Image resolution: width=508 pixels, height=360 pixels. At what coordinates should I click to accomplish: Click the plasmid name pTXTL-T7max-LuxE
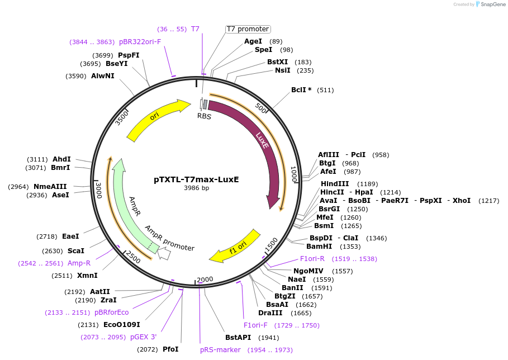196,179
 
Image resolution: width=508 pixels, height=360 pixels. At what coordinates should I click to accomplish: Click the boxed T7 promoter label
248,29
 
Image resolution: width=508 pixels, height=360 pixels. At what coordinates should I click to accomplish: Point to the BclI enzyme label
301,90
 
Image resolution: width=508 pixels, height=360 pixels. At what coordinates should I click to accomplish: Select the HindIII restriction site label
334,184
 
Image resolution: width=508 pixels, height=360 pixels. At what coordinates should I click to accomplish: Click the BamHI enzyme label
319,247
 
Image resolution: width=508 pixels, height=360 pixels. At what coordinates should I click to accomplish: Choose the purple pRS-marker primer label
220,350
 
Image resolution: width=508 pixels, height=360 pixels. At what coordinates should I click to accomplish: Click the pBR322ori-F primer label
140,42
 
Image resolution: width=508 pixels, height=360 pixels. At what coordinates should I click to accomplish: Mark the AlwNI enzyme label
102,76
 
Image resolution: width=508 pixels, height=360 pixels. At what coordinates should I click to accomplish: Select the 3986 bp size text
196,188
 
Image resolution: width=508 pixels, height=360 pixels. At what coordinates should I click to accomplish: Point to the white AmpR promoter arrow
164,254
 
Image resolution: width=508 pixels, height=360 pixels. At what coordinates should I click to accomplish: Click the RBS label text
204,116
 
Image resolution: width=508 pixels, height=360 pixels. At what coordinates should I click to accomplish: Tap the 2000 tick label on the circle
205,280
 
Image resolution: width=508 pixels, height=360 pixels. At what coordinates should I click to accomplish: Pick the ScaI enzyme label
75,251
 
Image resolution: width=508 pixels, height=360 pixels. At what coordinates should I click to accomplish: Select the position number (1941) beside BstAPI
268,338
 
